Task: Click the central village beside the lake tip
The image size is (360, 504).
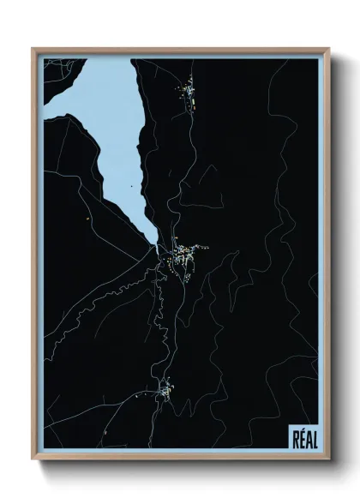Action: point(182,255)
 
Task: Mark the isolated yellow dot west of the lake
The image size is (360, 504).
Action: point(88,219)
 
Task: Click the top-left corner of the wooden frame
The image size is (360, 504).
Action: point(33,49)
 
